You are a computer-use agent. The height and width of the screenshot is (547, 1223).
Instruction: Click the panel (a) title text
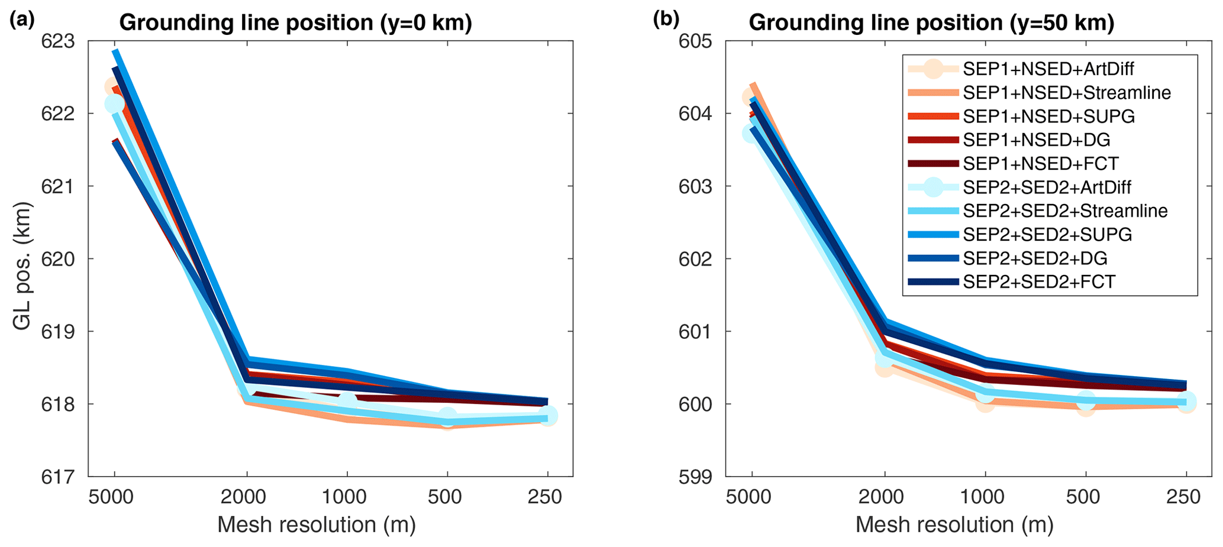[295, 23]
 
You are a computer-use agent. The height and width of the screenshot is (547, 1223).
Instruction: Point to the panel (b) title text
[931, 23]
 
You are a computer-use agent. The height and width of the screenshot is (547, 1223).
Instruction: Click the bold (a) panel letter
[22, 21]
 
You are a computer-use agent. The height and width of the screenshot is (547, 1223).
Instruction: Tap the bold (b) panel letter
[666, 21]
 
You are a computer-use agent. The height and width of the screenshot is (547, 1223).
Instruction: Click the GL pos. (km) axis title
[22, 266]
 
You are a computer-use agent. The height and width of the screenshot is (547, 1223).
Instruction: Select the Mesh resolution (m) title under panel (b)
[954, 525]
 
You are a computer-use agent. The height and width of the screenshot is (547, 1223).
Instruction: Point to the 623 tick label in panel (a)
[59, 41]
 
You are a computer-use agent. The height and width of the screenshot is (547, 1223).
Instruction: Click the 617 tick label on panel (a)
[59, 477]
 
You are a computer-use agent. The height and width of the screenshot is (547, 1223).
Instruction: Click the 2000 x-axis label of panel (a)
[246, 497]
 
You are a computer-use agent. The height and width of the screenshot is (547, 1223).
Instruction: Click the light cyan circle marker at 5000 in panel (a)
[114, 104]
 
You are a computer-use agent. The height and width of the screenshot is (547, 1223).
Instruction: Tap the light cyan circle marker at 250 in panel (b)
[1185, 402]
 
